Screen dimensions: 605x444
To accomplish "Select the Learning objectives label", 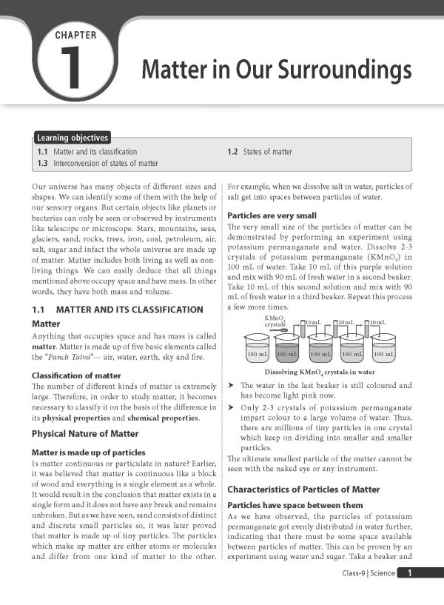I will tap(73, 138).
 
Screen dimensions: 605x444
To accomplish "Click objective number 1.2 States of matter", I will tap(260, 152).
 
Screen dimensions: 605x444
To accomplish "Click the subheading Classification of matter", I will tap(76, 375).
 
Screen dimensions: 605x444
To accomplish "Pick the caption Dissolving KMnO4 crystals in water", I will tap(320, 372).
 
